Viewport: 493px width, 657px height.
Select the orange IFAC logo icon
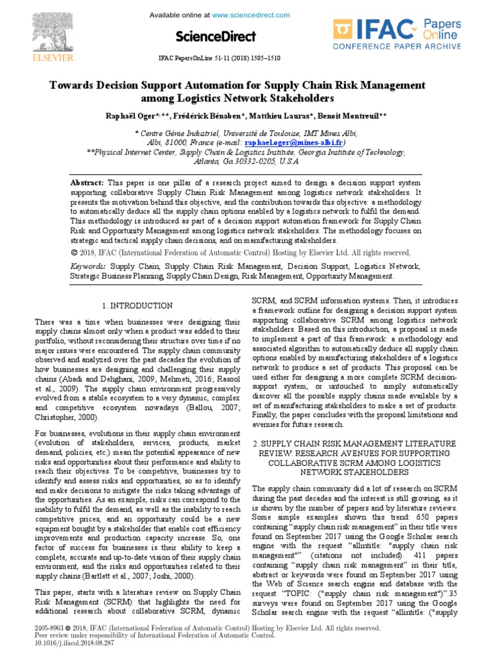click(x=343, y=31)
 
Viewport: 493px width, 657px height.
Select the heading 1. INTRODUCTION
click(x=137, y=306)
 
